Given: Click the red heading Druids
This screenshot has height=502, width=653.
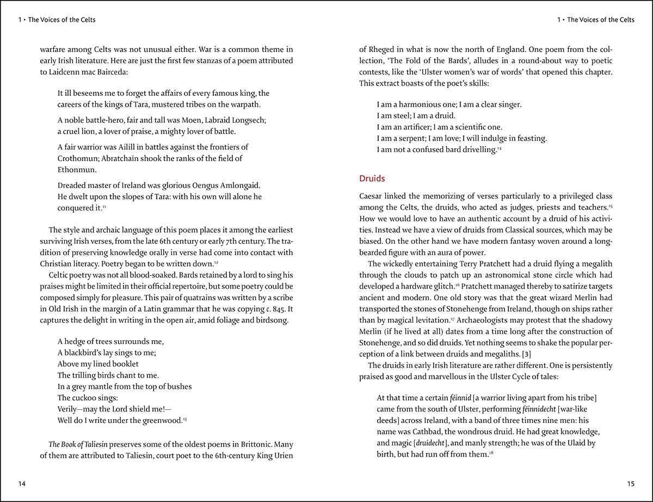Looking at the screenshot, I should [x=372, y=178].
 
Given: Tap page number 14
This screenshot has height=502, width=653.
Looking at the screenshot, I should [x=22, y=483].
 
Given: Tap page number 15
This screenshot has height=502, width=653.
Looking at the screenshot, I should [x=631, y=483].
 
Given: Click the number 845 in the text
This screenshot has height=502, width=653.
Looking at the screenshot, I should [x=285, y=309].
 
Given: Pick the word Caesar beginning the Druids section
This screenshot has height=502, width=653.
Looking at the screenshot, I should [x=372, y=196].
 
